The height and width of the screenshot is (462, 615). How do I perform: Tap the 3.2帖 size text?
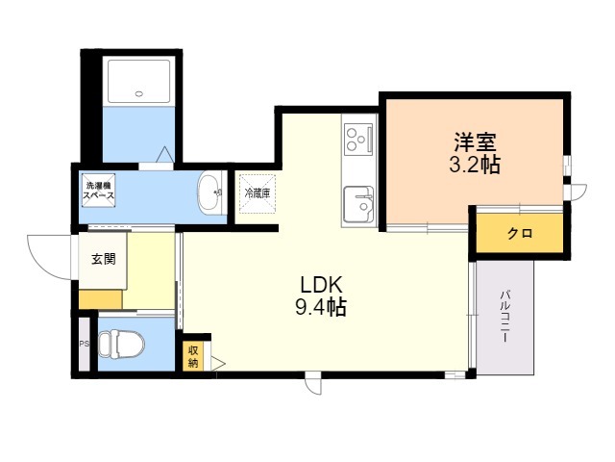476,165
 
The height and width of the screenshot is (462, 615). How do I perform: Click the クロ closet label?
520,233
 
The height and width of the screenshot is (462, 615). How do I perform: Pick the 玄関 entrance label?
104,259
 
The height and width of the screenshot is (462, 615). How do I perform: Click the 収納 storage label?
193,356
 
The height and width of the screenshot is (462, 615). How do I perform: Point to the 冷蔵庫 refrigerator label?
257,193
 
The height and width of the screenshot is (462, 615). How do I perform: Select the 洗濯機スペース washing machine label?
98,190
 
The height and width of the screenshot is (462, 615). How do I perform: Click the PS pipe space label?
83,343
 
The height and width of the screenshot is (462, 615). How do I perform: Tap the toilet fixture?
121,344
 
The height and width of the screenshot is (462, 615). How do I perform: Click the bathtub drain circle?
140,94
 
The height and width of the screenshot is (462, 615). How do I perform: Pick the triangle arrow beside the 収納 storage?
217,364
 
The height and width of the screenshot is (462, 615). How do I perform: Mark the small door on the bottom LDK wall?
313,383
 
